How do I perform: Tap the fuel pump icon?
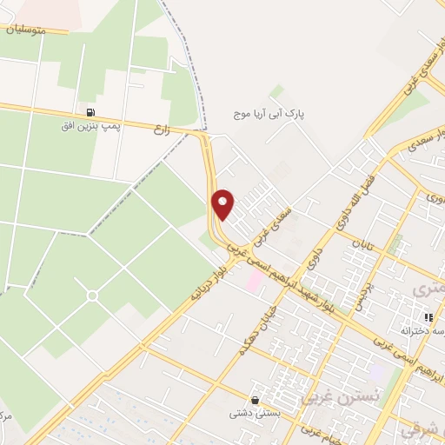90,112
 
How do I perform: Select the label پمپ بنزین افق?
85,127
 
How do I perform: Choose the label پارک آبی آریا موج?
272,114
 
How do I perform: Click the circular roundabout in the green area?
92,296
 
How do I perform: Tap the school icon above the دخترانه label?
427,318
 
